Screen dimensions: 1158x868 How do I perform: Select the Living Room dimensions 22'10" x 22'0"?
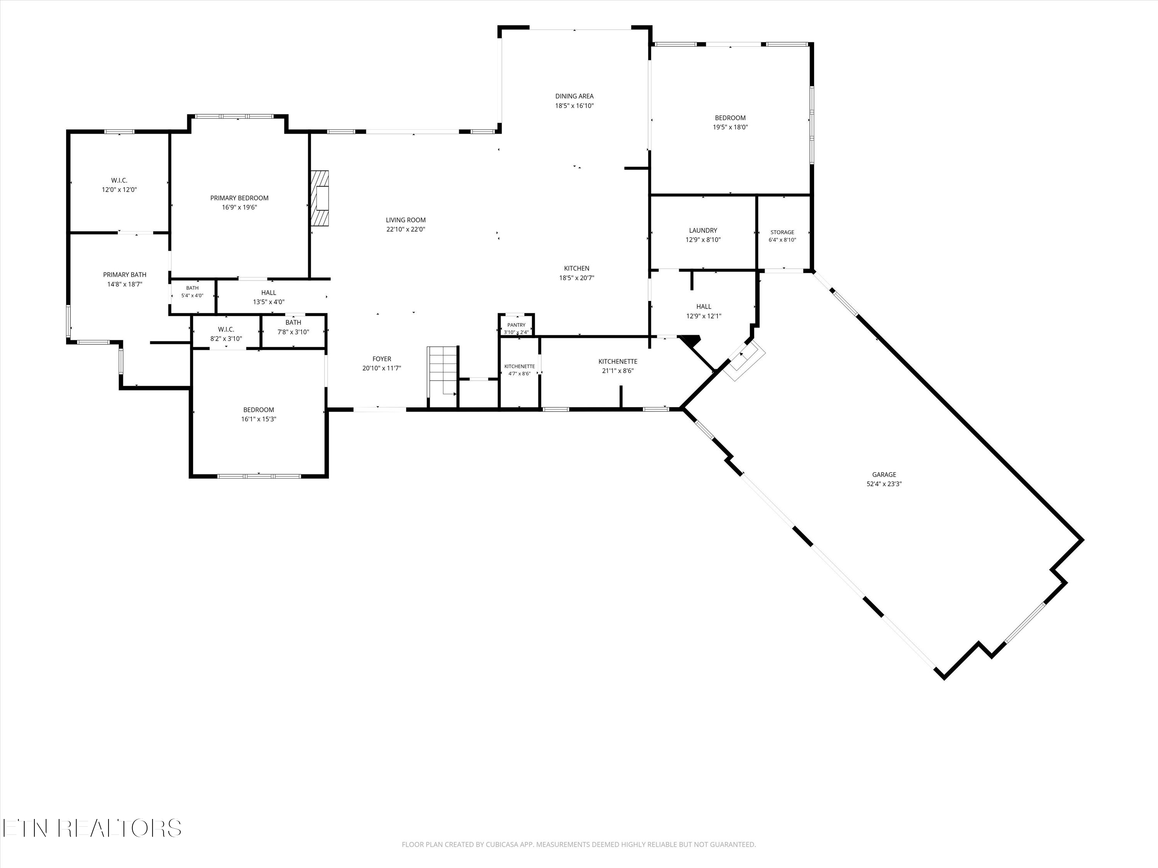[406, 229]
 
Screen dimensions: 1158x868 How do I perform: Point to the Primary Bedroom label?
[239, 198]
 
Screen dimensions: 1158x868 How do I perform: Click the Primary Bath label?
[125, 275]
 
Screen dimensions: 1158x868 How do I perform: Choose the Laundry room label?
[703, 230]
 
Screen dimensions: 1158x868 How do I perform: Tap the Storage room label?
[782, 232]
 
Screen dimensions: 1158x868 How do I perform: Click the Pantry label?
[516, 325]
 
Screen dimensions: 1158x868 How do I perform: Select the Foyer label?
[382, 359]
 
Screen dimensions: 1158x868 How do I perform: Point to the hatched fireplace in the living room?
[320, 198]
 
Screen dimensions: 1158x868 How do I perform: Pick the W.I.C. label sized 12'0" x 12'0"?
[119, 181]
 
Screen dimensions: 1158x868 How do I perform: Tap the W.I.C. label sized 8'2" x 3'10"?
[226, 329]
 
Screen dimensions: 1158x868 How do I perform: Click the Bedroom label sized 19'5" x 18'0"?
[730, 118]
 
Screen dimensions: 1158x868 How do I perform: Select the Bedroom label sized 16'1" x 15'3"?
[259, 410]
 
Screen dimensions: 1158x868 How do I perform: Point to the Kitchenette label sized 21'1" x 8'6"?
[618, 361]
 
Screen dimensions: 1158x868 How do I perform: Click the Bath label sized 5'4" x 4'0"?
[192, 288]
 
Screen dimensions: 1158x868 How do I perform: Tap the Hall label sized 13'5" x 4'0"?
[269, 292]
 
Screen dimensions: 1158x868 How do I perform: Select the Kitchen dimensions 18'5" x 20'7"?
[576, 278]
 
